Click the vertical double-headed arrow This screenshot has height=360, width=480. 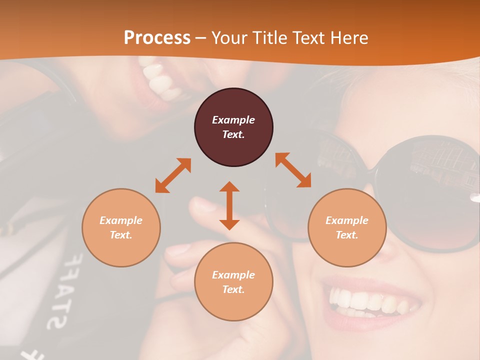(229, 205)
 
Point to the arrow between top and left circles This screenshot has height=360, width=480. (173, 175)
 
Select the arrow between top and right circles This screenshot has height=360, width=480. (293, 170)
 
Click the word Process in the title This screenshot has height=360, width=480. (157, 37)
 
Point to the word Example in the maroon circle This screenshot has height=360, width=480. (233, 120)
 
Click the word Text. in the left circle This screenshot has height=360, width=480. (121, 235)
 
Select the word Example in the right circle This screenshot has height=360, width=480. (347, 220)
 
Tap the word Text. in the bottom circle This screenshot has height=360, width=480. (233, 289)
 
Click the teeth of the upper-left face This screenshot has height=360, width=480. (160, 80)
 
